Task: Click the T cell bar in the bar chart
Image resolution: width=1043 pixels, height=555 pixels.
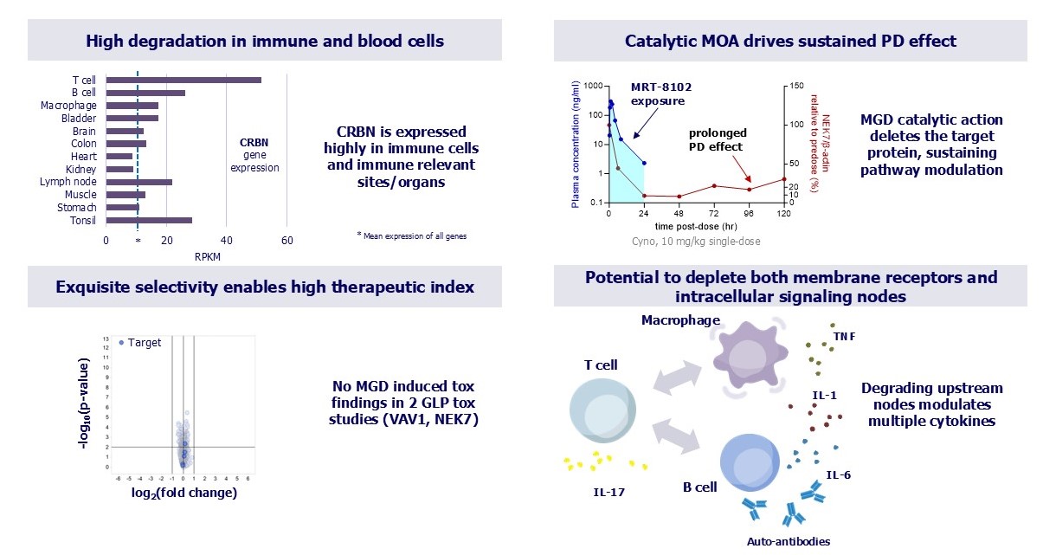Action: click(x=183, y=80)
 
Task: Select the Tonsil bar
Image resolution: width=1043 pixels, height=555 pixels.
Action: click(x=149, y=221)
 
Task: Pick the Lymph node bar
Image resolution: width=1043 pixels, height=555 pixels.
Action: click(x=139, y=182)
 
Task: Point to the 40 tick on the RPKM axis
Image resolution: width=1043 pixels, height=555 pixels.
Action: click(x=226, y=241)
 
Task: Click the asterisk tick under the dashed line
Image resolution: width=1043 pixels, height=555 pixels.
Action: click(x=138, y=242)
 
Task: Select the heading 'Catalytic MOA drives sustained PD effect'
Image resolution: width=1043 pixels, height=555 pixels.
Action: click(x=790, y=41)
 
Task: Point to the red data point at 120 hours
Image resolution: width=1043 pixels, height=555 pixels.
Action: click(x=784, y=179)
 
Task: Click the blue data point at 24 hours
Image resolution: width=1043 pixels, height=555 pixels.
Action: click(x=644, y=163)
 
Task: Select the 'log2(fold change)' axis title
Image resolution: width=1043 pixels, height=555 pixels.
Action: click(x=183, y=494)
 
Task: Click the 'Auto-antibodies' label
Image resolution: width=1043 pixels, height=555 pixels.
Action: click(x=788, y=541)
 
